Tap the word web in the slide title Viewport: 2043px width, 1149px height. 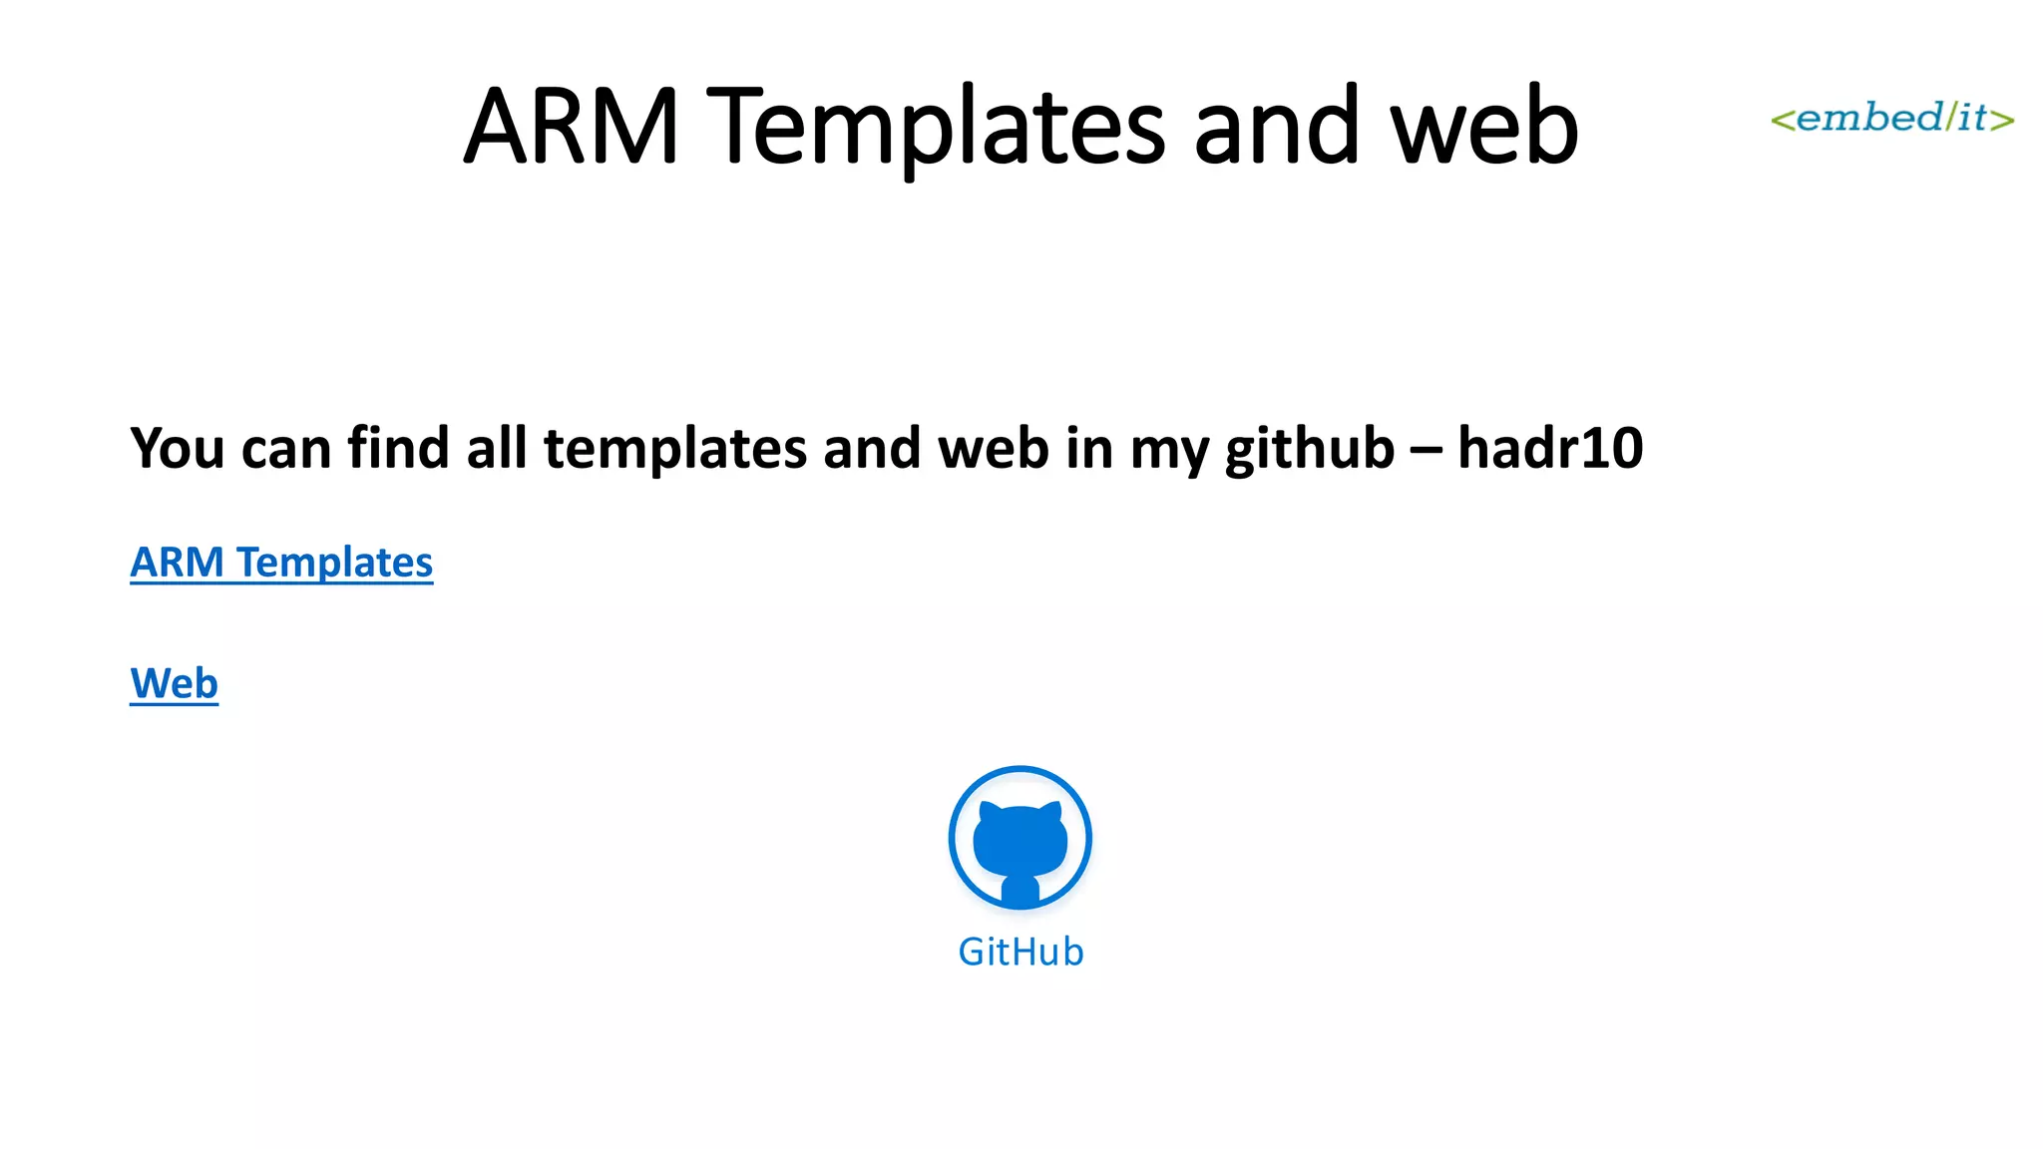1483,127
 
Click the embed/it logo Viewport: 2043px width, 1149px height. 1891,118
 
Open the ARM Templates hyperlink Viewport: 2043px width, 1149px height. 281,563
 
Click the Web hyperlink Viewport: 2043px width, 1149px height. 174,684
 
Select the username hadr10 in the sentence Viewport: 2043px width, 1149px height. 1549,448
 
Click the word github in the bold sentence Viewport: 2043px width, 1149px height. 1309,448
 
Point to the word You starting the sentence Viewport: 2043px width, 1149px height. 178,448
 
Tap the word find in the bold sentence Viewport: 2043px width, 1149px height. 397,448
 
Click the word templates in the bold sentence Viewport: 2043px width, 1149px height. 674,448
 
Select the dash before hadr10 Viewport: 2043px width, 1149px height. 1425,450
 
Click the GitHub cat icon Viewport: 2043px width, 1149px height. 1020,838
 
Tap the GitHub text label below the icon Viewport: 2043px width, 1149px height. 1021,953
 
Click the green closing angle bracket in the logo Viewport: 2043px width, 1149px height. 2003,121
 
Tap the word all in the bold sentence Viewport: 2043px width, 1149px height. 496,448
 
